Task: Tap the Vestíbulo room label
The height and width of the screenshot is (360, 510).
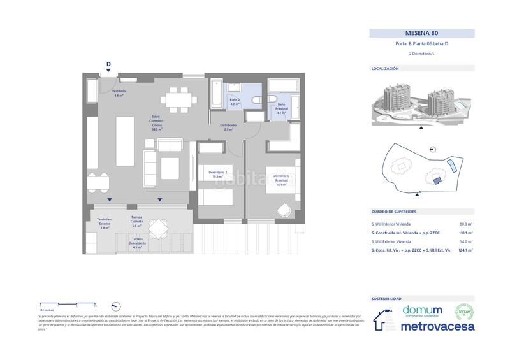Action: click(119, 93)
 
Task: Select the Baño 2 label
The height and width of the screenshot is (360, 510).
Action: click(235, 102)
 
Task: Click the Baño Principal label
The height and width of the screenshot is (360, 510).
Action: click(281, 109)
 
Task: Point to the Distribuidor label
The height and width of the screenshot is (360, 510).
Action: click(228, 127)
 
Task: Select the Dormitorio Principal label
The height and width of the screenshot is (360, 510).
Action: click(282, 179)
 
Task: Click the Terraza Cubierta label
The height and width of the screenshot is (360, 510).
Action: click(136, 221)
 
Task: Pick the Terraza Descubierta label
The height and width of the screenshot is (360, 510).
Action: click(136, 243)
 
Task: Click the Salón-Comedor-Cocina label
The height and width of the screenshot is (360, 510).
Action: click(157, 123)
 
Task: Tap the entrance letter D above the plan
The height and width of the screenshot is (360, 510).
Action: click(108, 64)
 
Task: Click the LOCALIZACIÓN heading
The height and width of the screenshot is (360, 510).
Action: click(385, 68)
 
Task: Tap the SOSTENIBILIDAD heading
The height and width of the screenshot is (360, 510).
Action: click(386, 298)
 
